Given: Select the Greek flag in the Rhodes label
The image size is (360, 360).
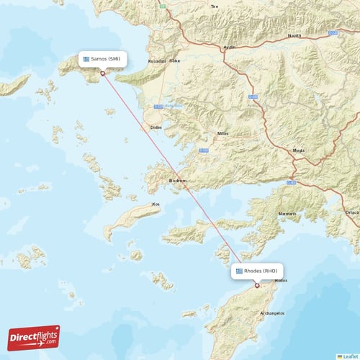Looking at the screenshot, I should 239,271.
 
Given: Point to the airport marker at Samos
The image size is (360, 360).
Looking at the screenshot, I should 103,73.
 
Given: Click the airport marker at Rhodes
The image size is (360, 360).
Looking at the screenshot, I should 256,285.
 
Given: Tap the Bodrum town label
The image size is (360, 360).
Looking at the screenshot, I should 177,181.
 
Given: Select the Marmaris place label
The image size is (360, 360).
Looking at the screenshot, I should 288,215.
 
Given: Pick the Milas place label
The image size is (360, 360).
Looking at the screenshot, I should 224,134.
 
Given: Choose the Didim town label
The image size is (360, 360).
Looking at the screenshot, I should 156,127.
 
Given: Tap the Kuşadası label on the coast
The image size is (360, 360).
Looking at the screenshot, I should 156,61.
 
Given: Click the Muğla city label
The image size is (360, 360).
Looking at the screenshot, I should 298,150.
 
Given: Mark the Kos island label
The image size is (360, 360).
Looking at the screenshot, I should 156,204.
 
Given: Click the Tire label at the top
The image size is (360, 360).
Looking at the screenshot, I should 213,6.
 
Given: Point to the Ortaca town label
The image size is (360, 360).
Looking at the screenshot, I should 351,212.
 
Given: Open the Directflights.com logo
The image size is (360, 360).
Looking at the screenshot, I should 34,337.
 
